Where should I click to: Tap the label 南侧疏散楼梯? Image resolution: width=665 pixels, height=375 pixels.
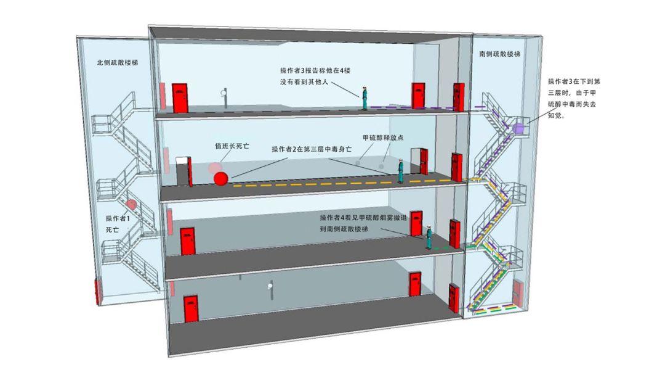[499, 54]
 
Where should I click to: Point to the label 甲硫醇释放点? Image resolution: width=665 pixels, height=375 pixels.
[383, 138]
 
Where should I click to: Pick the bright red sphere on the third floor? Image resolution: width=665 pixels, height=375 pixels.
[220, 179]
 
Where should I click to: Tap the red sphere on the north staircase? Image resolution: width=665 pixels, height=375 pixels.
[131, 204]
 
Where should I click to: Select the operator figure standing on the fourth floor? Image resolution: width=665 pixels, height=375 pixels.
[365, 99]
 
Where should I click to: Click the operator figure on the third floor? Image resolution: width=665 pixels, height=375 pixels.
[401, 171]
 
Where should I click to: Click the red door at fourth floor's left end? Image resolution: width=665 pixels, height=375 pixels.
[180, 99]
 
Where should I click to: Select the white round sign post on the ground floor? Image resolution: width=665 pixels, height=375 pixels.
[270, 289]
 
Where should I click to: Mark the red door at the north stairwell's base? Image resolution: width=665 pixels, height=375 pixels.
[97, 292]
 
